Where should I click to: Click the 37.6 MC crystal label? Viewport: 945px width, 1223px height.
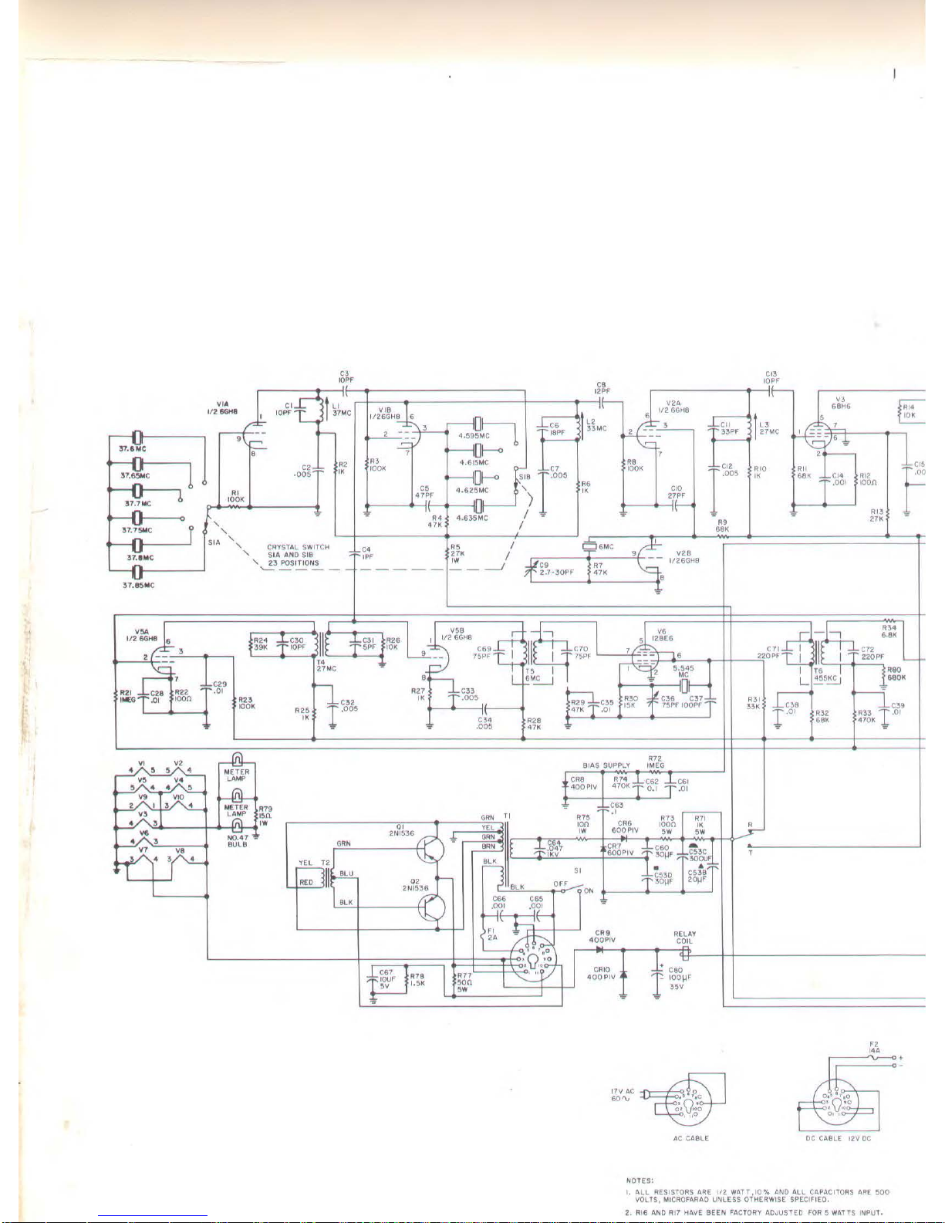tap(132, 448)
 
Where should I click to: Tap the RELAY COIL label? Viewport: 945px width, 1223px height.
tap(684, 938)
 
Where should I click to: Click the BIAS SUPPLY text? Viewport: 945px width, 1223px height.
tap(606, 765)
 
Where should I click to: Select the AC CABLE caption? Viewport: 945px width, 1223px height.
tap(691, 1138)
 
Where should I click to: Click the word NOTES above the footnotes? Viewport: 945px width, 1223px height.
tap(640, 1180)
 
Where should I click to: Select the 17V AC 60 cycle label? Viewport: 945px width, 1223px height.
tap(623, 1094)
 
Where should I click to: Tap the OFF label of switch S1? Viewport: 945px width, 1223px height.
tap(560, 883)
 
